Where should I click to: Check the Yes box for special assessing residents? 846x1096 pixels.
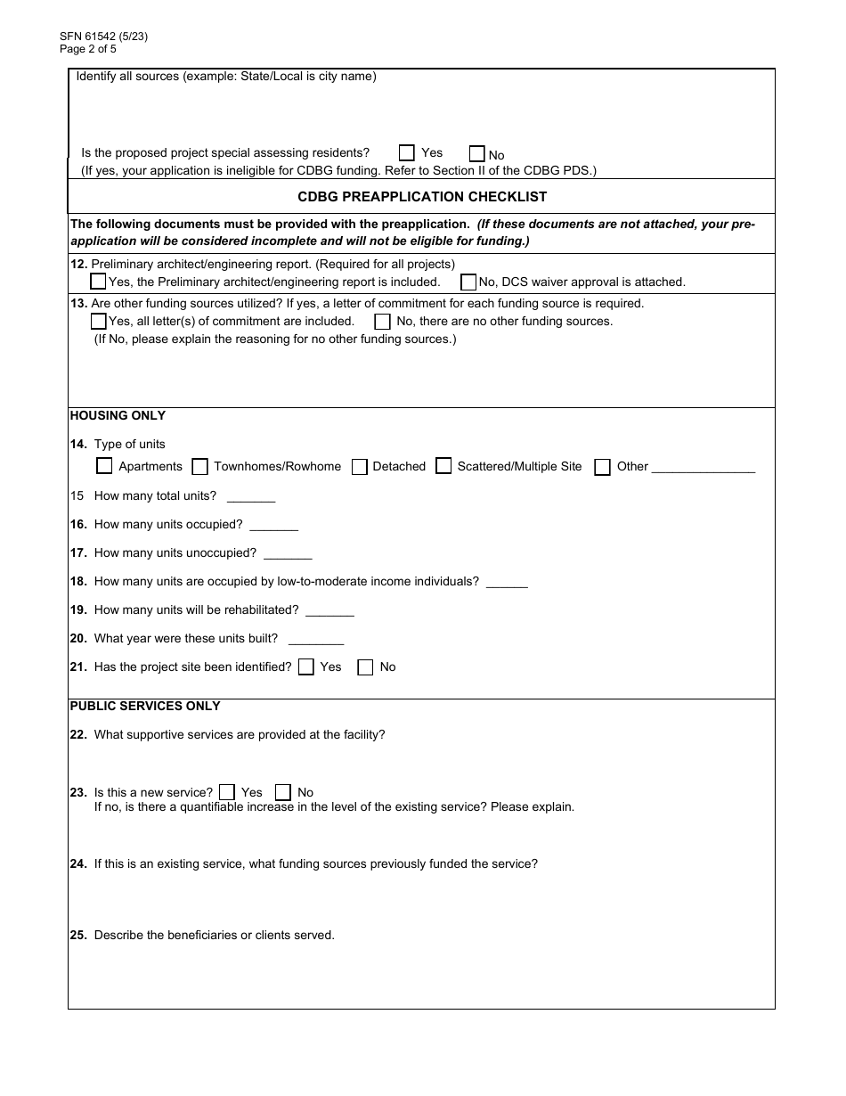click(407, 152)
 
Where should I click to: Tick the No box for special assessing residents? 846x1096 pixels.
click(477, 153)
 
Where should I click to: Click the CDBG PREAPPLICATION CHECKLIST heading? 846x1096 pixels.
click(422, 196)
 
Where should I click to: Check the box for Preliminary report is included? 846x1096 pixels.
click(99, 281)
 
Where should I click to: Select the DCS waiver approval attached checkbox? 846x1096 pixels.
click(468, 282)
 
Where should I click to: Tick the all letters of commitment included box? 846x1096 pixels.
click(99, 321)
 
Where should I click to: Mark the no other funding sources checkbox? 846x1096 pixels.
click(382, 322)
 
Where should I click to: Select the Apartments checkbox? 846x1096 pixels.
click(104, 466)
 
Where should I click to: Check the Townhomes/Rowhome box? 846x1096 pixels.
click(200, 466)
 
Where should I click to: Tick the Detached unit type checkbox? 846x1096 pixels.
click(360, 466)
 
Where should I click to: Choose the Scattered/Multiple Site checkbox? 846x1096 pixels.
click(443, 466)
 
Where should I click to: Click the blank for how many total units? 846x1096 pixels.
click(251, 497)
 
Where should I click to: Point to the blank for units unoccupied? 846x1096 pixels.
click(288, 554)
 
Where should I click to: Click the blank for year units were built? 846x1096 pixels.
click(316, 640)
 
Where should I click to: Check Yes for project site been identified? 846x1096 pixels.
click(306, 667)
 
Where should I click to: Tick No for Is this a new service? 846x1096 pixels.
click(283, 792)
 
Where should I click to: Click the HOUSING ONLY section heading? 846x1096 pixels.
click(118, 415)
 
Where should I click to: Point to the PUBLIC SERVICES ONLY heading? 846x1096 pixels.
click(145, 706)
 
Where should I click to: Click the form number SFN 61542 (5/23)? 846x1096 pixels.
click(103, 37)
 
